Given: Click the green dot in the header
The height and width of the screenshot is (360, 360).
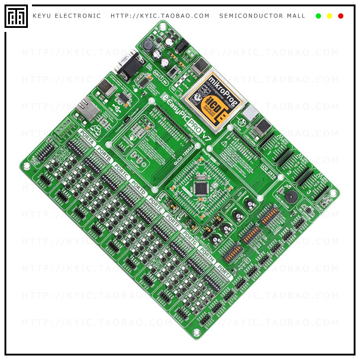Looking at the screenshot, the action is point(318,16).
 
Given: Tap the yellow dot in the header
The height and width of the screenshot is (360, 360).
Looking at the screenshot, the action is point(329,16).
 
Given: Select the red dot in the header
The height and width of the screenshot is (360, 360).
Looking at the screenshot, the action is point(341,16).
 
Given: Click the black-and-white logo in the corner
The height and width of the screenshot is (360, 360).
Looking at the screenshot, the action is point(16,16).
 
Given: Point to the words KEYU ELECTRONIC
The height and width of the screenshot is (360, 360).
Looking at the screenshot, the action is point(67,16).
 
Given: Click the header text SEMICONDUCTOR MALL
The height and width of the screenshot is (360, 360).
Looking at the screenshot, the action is point(262,16).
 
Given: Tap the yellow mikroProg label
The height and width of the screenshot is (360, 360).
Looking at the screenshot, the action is point(216,100).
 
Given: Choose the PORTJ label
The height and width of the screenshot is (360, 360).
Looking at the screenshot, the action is point(223,271).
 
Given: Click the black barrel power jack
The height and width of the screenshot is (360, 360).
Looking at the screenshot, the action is point(181,46).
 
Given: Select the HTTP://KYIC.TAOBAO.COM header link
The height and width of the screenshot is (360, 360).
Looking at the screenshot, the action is point(160,16).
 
